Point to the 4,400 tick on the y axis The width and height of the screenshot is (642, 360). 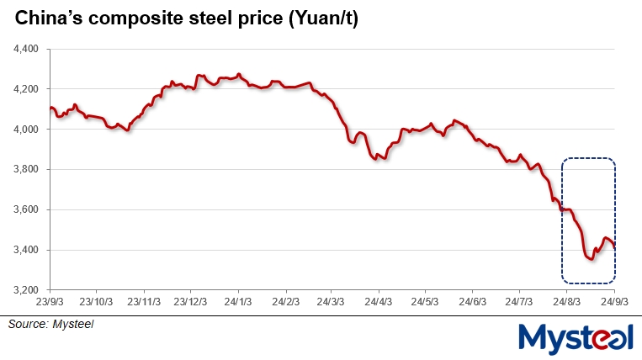tap(25, 49)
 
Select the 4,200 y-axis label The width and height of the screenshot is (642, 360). tap(25, 89)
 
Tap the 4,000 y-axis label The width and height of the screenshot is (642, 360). tap(25, 130)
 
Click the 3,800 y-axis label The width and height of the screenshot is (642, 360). tap(25, 170)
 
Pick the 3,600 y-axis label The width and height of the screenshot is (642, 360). tap(25, 210)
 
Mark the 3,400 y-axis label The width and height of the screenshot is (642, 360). tap(25, 250)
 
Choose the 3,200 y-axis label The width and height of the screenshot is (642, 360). tap(25, 290)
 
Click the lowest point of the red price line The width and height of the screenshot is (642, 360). tap(591, 258)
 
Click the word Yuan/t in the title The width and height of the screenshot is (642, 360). tap(323, 19)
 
